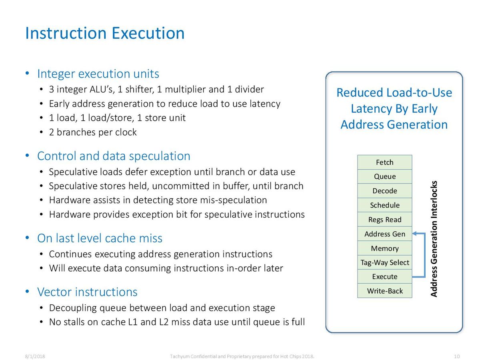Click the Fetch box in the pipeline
coord(385,162)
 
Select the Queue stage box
coord(385,176)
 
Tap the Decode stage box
coord(385,191)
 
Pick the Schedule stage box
coord(385,205)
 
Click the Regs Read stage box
coord(385,220)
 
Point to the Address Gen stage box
coord(385,234)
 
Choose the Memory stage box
coord(385,248)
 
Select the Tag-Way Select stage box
coord(385,262)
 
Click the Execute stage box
coord(385,276)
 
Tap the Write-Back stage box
coord(385,291)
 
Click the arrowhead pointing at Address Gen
coord(414,234)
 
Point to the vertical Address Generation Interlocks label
coord(434,239)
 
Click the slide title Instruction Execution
coord(105,33)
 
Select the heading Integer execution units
coord(98,74)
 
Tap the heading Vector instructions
coord(87,292)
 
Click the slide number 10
coord(457,356)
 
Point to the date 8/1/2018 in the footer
coord(35,356)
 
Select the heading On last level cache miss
coord(100,238)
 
